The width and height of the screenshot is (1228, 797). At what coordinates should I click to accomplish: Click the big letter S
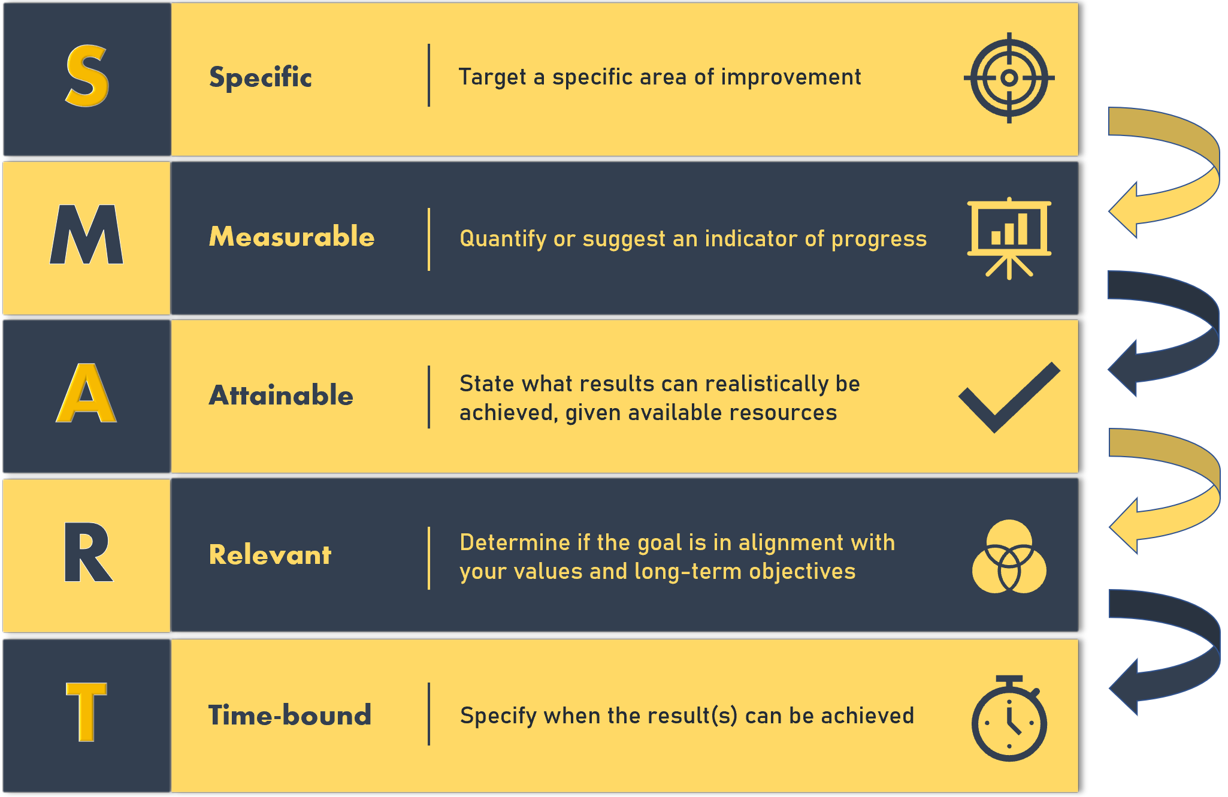[x=87, y=76]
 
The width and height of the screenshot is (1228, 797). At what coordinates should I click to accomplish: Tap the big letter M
[x=87, y=234]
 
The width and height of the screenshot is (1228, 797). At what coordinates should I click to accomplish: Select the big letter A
[x=86, y=393]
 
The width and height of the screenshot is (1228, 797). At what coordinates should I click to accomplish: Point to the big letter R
[x=88, y=552]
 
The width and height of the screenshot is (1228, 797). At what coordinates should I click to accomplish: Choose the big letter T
[x=86, y=711]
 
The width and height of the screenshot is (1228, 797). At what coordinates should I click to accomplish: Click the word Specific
[x=261, y=77]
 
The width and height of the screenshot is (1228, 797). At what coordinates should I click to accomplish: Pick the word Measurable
[x=292, y=237]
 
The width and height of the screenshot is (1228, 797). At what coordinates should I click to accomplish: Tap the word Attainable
[x=281, y=396]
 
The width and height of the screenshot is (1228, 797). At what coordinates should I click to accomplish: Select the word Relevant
[x=270, y=554]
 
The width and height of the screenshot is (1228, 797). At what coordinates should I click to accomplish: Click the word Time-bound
[x=290, y=715]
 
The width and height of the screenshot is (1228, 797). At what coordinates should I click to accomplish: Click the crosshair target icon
[x=1009, y=78]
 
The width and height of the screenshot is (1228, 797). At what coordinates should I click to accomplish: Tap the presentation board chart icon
[x=1009, y=238]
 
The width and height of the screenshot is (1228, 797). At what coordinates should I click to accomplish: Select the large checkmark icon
[x=1009, y=397]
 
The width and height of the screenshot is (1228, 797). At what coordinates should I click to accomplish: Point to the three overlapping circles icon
[x=1009, y=556]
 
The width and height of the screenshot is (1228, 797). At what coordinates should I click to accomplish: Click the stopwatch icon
[x=1009, y=718]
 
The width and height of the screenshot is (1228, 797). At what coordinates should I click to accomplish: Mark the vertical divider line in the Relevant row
[x=429, y=558]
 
